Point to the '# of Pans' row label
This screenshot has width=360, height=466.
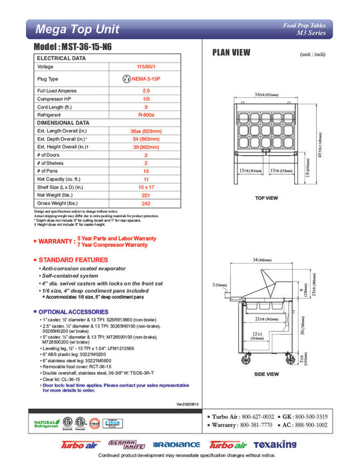49,170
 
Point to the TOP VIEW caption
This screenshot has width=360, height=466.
268,198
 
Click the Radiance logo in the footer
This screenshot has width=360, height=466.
176,444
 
